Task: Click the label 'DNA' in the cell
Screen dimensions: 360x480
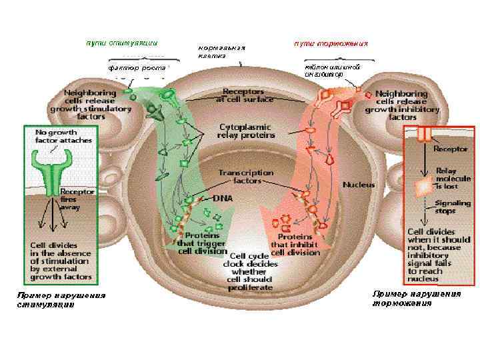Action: pos(223,198)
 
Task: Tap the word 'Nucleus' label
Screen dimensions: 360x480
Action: pos(358,184)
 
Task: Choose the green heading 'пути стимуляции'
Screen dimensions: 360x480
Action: pos(121,43)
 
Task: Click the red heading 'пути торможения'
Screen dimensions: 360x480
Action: pos(331,43)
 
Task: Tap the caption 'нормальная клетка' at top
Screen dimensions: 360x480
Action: pos(221,51)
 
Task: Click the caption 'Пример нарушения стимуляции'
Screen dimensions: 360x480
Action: pos(61,299)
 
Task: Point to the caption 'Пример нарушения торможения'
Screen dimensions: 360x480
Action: pos(416,298)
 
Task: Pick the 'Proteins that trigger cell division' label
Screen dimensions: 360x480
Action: pos(204,243)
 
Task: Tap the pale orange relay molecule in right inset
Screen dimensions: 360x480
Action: pos(423,187)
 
